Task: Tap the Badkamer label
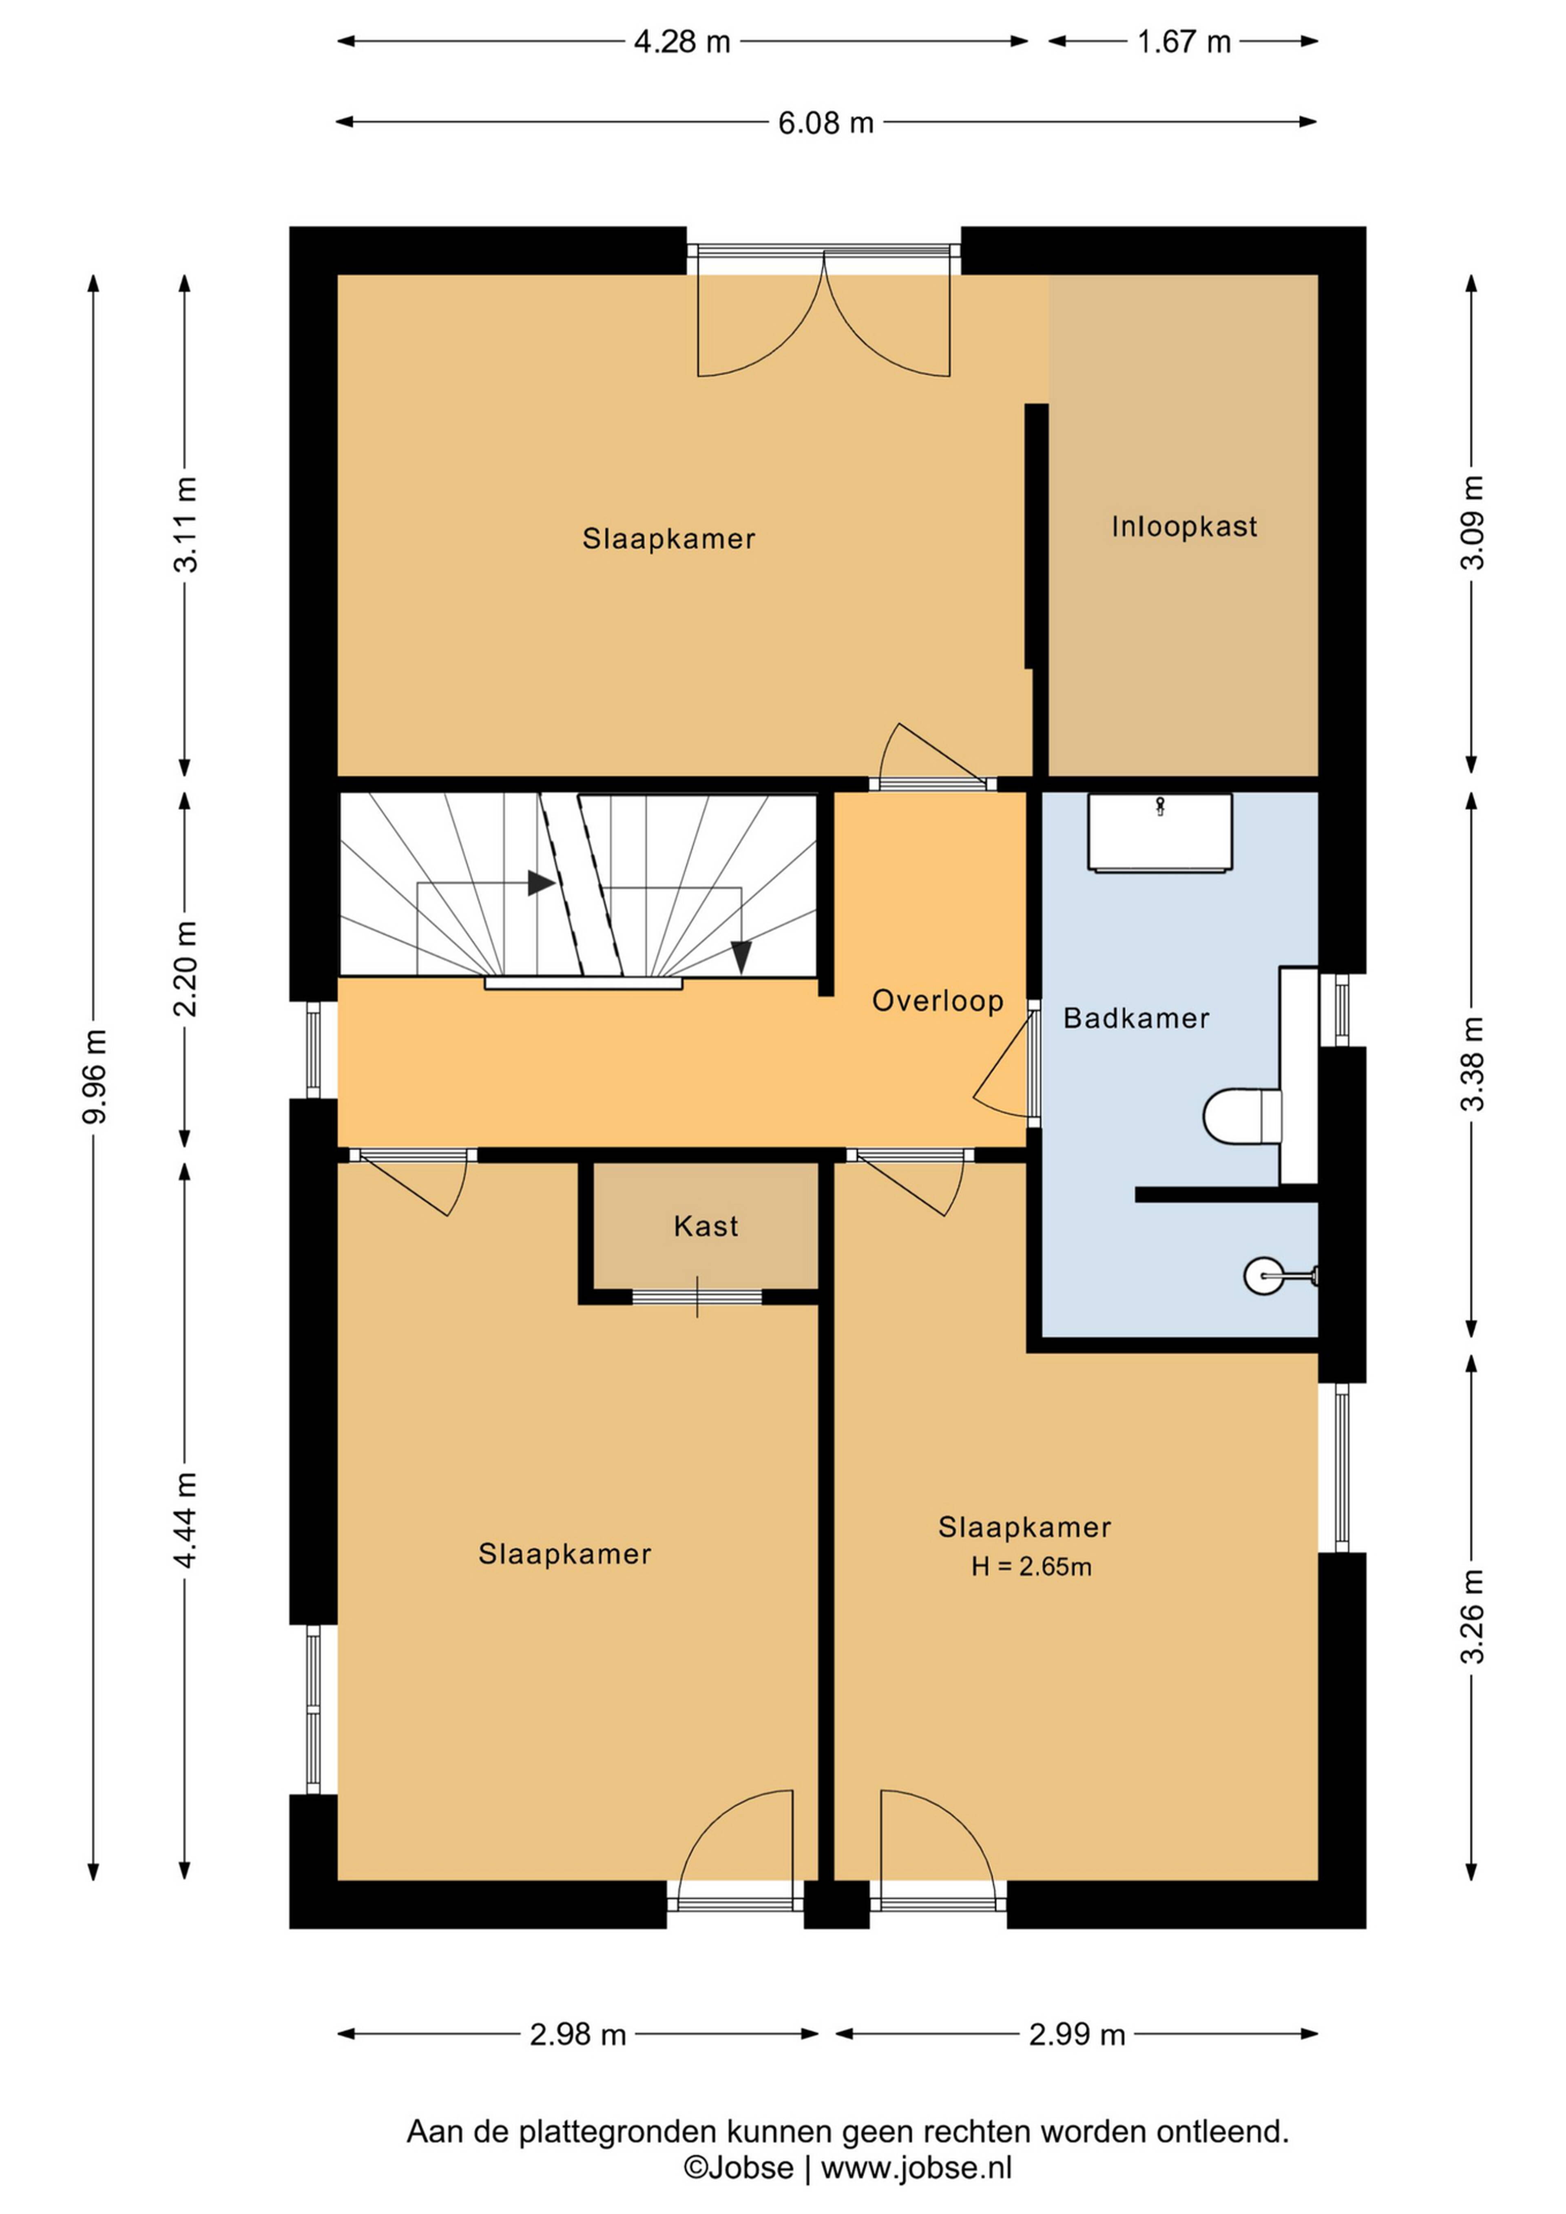tap(1136, 1018)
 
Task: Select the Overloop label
tap(937, 1001)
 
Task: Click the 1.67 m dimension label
tap(1183, 42)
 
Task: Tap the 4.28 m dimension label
tap(682, 42)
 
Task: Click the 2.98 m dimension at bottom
tap(577, 2035)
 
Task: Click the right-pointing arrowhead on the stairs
tap(541, 883)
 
